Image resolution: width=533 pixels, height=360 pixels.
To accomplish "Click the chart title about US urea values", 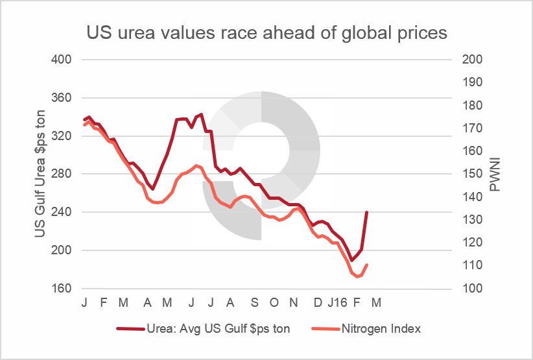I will point(266,33).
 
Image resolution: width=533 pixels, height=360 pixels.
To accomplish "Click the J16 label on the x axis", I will point(338,303).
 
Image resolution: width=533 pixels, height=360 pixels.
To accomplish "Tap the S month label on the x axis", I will point(254,303).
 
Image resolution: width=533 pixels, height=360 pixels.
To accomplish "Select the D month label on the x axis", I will point(317,303).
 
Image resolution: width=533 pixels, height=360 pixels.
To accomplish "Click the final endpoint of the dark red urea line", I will point(367,212).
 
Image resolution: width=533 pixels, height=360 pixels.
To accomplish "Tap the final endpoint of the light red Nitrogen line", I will point(367,265).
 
